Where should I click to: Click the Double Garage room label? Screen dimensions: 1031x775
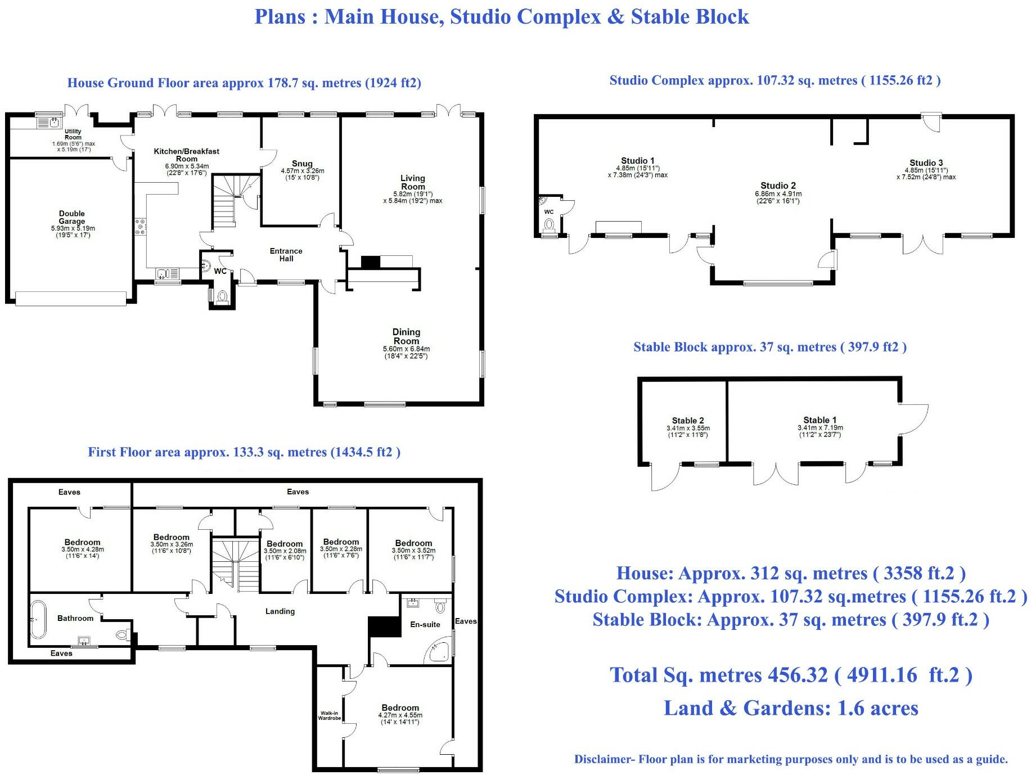(72, 217)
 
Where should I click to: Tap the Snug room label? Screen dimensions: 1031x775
(302, 164)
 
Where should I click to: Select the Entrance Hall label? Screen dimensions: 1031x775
(286, 255)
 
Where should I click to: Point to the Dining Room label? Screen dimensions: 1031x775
(406, 336)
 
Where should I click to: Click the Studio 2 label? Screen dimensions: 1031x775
(778, 186)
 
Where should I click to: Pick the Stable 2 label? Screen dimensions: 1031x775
(687, 421)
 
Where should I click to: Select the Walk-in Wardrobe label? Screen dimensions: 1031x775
(330, 715)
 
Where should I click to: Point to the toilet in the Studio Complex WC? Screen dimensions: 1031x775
(550, 224)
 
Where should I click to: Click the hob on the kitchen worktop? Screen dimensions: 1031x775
(140, 226)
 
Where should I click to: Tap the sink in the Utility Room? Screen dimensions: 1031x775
(55, 121)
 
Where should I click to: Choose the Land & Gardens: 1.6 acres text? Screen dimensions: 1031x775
(791, 708)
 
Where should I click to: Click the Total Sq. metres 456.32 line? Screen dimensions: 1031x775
(791, 675)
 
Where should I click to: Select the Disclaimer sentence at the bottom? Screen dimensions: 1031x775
(791, 759)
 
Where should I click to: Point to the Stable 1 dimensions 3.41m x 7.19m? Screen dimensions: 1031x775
(820, 427)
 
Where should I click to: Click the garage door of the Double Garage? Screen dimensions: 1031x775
(71, 298)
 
